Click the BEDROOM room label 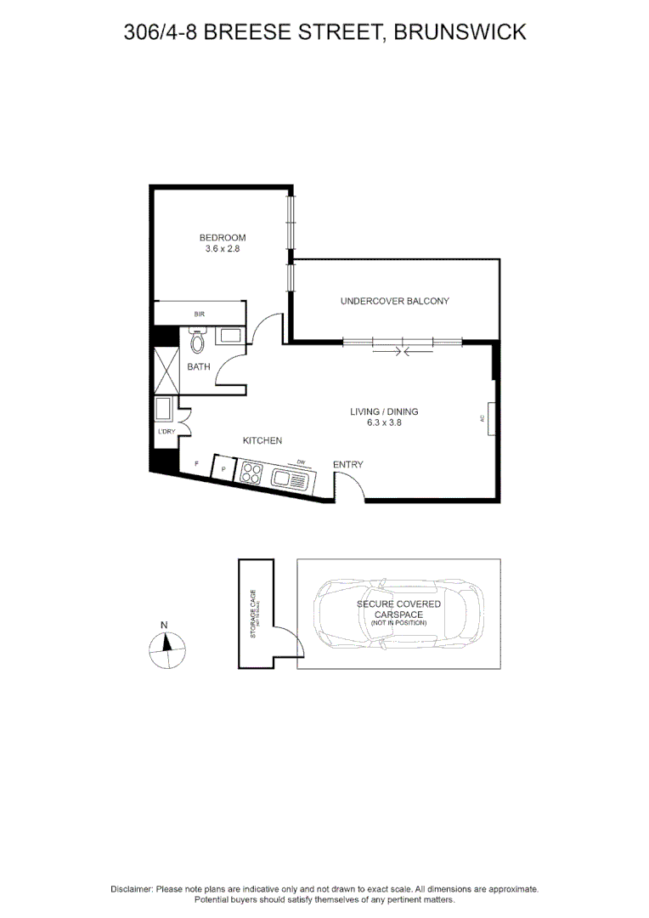[x=223, y=237]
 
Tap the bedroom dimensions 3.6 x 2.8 [x=223, y=248]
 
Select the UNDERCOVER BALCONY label [x=394, y=301]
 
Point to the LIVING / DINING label [x=384, y=411]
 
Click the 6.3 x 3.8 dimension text [x=384, y=422]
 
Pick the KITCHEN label [x=262, y=440]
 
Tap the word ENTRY [x=347, y=464]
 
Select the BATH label [x=198, y=367]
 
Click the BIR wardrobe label [x=200, y=314]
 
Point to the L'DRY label [x=166, y=433]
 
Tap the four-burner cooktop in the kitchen [x=251, y=473]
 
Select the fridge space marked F [x=196, y=463]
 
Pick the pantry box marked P [x=223, y=468]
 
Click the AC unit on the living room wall [x=490, y=418]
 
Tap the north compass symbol [x=166, y=649]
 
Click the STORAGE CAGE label [x=253, y=613]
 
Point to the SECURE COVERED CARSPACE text [x=398, y=609]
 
